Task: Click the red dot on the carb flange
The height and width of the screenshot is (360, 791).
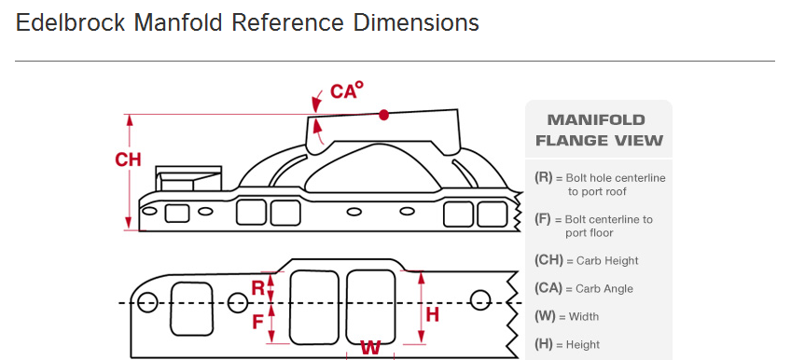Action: (384, 115)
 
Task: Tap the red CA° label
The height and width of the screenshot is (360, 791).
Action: (347, 90)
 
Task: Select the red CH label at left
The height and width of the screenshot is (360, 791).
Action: (128, 159)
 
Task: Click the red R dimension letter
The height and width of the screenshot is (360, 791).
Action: (257, 288)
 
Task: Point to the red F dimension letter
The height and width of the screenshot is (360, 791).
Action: (257, 321)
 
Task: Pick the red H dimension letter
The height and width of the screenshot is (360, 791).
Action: (432, 314)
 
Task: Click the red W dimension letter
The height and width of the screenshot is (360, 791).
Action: (370, 348)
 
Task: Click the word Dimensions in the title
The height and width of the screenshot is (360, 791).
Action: (416, 22)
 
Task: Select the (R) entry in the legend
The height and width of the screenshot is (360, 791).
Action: (544, 177)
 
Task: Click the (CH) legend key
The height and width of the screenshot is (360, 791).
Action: (548, 260)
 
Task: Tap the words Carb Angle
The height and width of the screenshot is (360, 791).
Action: (604, 289)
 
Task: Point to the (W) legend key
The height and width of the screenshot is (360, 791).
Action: (546, 316)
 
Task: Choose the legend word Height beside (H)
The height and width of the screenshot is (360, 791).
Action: (583, 345)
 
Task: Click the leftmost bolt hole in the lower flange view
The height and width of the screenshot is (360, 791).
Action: (147, 302)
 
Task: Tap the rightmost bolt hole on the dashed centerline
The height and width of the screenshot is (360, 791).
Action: (480, 300)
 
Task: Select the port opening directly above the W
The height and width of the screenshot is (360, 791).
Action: (371, 307)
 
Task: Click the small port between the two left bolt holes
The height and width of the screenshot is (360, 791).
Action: (192, 309)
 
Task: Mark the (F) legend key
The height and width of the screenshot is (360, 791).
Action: (544, 219)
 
